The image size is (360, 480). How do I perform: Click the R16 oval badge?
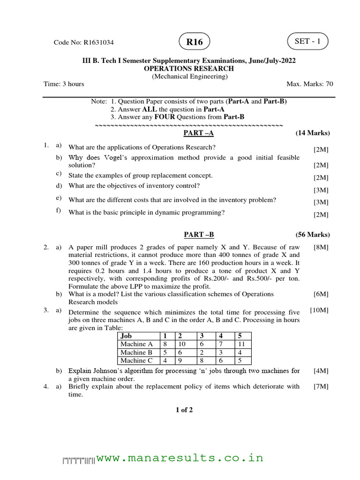(x=195, y=42)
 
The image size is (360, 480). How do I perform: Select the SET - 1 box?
(x=308, y=41)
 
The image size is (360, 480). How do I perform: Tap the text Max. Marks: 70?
(x=309, y=84)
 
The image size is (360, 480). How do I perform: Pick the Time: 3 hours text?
(x=64, y=84)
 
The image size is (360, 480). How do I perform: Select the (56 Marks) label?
(x=313, y=234)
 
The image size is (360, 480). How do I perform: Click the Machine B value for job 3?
(x=201, y=352)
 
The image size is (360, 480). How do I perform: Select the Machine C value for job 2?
(x=179, y=361)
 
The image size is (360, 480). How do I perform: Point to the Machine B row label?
(x=136, y=352)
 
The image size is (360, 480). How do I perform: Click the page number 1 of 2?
(x=184, y=410)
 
